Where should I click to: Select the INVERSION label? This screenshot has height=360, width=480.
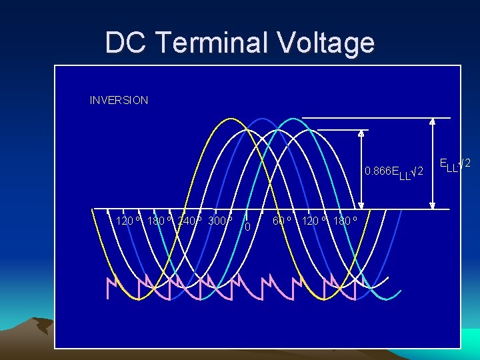coord(119,101)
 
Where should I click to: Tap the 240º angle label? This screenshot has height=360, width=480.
coord(189,220)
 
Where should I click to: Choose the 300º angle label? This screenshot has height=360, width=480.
coord(221,220)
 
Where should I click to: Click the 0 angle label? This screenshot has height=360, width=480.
coord(247,227)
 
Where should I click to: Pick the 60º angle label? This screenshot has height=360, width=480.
coord(283,220)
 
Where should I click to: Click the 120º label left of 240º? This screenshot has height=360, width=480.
coord(128,220)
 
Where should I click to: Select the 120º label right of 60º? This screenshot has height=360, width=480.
coord(314,220)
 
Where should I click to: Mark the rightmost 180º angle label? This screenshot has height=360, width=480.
coord(345,220)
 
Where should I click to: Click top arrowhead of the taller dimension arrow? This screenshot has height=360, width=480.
coord(432,122)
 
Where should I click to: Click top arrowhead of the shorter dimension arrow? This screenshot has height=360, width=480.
coord(361,133)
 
